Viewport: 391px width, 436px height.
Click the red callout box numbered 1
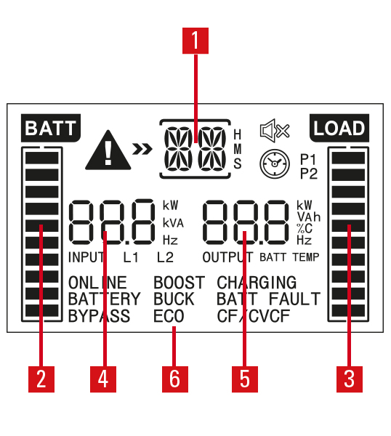[195, 41]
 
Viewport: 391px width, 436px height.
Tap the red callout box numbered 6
[175, 379]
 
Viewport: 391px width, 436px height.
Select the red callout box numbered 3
[350, 379]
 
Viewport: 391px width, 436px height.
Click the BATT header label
[51, 128]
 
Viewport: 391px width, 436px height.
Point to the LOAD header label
[339, 128]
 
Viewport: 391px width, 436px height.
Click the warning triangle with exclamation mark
[108, 150]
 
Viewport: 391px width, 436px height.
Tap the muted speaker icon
[275, 130]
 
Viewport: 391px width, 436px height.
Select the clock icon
[275, 163]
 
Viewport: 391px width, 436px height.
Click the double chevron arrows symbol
[142, 149]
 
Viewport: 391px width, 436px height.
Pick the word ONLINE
[97, 283]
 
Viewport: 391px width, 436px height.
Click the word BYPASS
[100, 316]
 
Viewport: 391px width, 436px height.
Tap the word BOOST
[180, 283]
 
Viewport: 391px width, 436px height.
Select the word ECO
[169, 316]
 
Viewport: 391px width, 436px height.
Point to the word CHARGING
[257, 283]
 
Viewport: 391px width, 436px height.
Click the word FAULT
[295, 299]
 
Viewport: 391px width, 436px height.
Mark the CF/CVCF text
[254, 316]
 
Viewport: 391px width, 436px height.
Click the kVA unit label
[173, 223]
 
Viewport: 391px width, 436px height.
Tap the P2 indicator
[309, 174]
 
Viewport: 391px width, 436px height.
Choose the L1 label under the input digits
[131, 257]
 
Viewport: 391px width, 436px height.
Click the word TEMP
[306, 257]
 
